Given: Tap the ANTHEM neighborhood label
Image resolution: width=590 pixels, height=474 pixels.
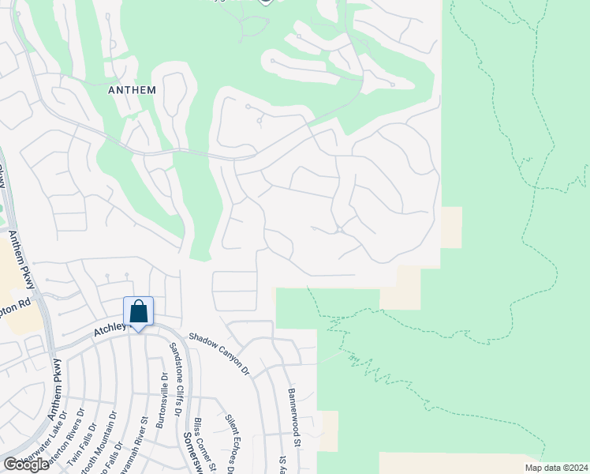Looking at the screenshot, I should (132, 90).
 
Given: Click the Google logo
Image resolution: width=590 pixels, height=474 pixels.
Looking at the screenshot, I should (26, 464).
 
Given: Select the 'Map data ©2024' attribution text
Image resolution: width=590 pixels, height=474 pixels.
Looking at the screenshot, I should (555, 468).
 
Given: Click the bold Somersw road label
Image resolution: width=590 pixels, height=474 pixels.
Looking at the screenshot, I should (191, 451).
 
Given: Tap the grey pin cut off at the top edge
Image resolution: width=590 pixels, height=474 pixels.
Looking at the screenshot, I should (266, 2).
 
